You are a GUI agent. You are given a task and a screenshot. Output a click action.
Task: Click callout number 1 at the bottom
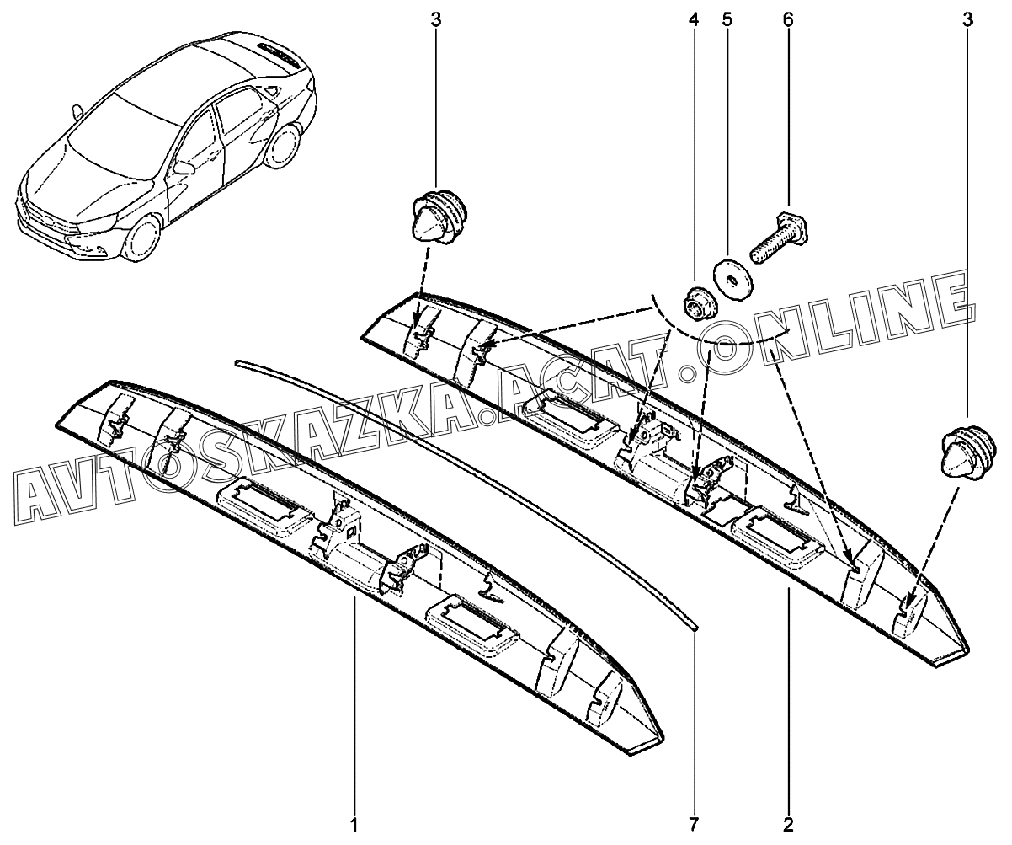pos(355,823)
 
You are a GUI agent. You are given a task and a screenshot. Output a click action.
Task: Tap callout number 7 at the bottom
pos(695,823)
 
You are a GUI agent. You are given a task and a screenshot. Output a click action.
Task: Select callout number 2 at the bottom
pos(788,823)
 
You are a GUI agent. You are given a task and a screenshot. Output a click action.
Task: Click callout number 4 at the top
pos(694,19)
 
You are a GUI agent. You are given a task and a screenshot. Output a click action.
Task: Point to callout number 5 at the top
pos(727,19)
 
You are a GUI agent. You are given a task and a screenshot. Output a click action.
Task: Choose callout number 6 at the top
pos(788,19)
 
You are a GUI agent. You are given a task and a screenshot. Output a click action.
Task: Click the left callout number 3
pos(435,19)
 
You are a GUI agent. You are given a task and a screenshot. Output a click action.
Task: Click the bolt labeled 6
pos(774,237)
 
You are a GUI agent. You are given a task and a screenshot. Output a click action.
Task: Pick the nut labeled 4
pos(696,301)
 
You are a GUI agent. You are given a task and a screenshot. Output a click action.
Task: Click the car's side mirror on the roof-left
pos(77,111)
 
